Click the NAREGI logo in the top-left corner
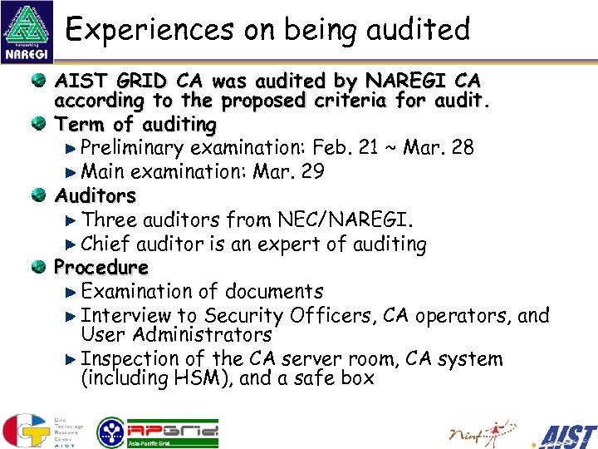[x=28, y=32]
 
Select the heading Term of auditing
[x=135, y=125]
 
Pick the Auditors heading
[x=95, y=196]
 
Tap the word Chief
[x=105, y=244]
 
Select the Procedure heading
[x=101, y=268]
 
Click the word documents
[x=270, y=292]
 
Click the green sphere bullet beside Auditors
[x=39, y=196]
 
